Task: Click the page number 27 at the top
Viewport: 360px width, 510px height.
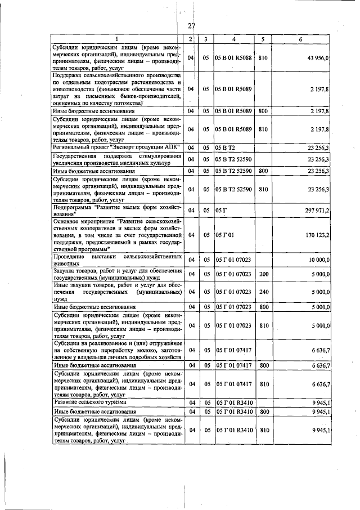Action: [191, 25]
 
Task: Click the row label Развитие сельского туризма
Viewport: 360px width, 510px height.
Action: [90, 402]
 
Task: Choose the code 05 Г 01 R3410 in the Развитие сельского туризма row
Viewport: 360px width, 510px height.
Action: [233, 402]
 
